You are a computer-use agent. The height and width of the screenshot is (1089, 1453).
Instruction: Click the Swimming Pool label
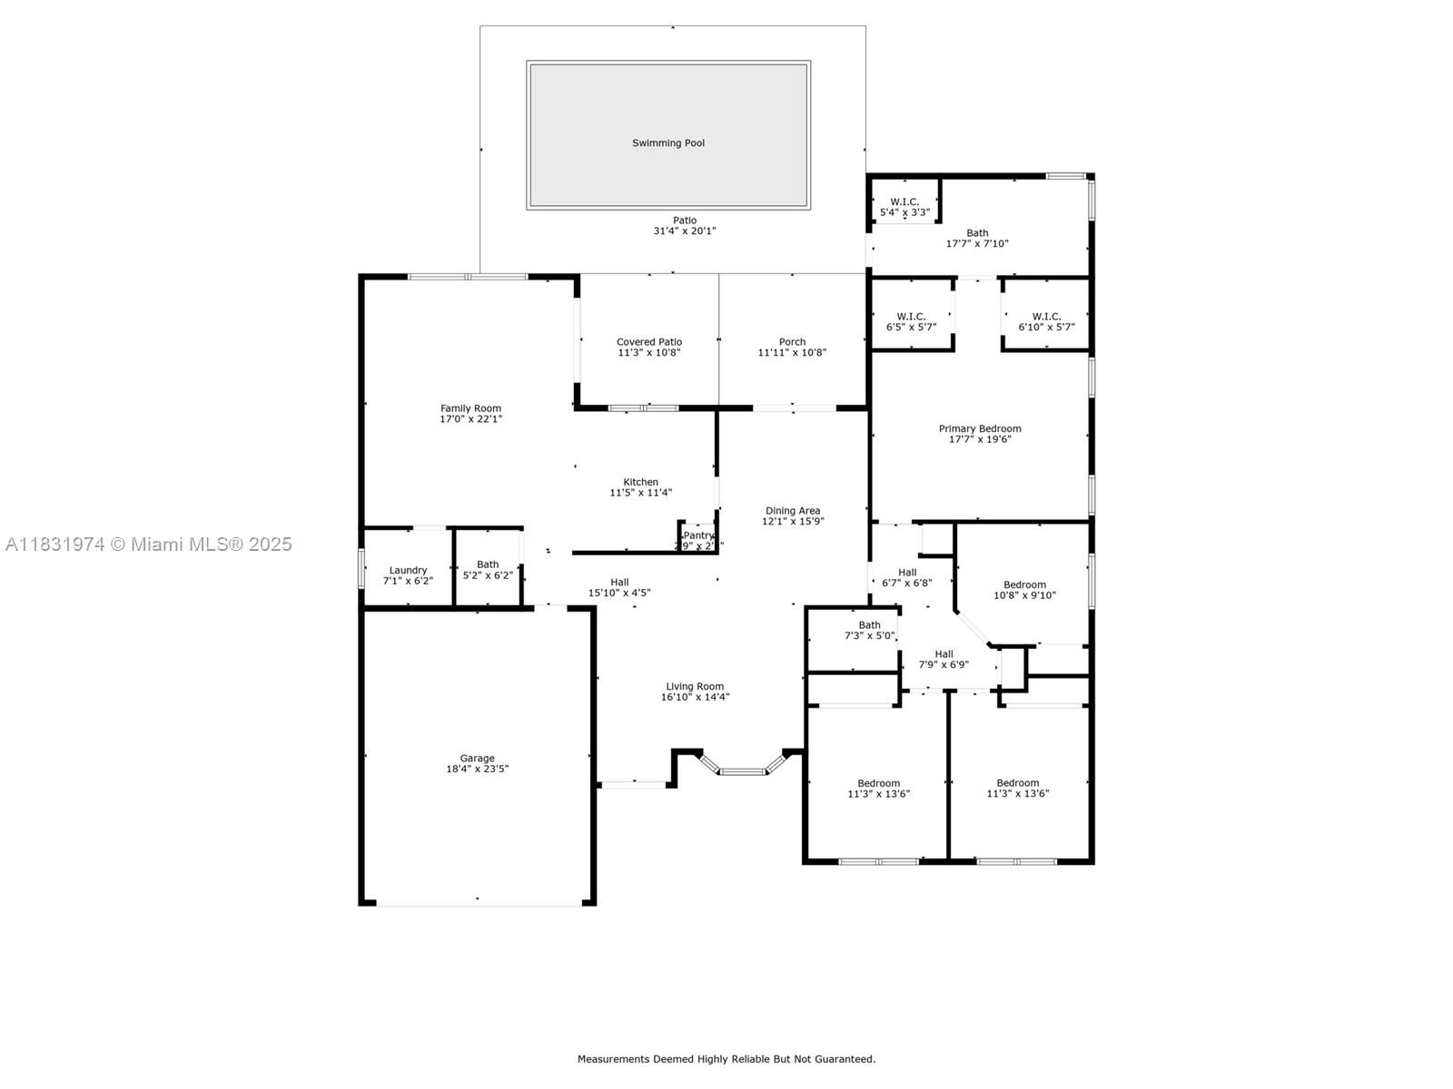[668, 143]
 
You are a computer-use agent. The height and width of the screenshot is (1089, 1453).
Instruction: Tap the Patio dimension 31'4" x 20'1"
[685, 231]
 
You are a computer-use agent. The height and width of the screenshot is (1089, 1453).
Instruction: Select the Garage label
[477, 759]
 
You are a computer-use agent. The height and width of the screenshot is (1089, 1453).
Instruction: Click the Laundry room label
[408, 571]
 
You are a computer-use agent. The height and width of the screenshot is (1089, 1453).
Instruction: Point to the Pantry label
[698, 536]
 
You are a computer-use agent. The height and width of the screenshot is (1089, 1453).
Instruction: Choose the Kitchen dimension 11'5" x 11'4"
[640, 493]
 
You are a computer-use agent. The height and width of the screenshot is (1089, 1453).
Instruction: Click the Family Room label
[470, 408]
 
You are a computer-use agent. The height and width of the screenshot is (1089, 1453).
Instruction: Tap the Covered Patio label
[648, 342]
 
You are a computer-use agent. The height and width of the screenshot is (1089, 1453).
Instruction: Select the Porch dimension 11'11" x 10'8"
[792, 353]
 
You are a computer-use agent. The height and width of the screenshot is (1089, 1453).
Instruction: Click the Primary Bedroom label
[980, 428]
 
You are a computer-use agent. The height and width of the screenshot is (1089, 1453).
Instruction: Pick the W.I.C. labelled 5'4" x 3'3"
[904, 207]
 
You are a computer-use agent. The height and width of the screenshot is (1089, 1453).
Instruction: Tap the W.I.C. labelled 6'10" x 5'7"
[1046, 321]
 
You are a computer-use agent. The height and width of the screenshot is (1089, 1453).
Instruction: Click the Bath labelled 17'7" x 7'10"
[977, 238]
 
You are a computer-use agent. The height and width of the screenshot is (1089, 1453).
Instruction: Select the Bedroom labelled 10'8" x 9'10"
[1024, 590]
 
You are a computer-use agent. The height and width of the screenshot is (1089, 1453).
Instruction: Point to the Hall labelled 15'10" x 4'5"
[619, 587]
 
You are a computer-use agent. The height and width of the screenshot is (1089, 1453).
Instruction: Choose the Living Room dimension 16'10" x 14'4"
[695, 697]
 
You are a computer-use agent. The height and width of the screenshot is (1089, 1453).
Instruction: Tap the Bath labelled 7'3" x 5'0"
[869, 630]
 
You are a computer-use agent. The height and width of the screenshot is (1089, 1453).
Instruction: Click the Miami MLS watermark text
[149, 544]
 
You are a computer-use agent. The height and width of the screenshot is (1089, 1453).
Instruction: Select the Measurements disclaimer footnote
[726, 1059]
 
